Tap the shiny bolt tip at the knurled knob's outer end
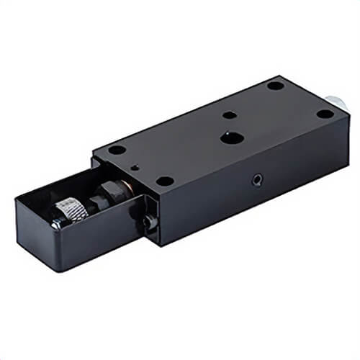tap(55, 223)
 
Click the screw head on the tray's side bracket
tap(149, 222)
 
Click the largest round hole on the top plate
tap(230, 137)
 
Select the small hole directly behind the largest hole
tap(229, 114)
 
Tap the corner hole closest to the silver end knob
tap(325, 114)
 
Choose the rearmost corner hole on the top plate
tap(275, 85)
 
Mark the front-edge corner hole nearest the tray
tap(165, 181)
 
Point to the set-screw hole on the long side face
tap(257, 179)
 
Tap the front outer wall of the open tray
tap(94, 245)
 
